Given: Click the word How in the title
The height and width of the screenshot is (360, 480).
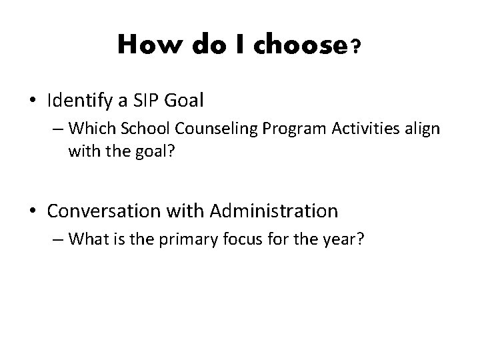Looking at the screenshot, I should [x=144, y=45].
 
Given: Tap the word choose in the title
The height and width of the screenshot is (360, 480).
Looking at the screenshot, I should [x=297, y=45].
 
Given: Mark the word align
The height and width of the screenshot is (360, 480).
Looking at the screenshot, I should [x=421, y=128].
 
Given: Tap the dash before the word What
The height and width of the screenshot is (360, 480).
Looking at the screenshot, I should [x=58, y=239].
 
